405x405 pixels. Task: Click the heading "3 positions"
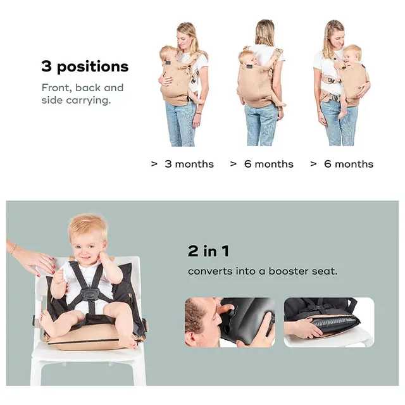tap(85, 66)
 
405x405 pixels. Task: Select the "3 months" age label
tap(189, 164)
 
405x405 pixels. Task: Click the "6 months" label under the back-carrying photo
tap(269, 164)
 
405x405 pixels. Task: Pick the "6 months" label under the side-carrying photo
tap(349, 164)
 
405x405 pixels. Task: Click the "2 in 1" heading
tap(208, 251)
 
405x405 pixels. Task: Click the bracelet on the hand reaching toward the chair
tap(13, 249)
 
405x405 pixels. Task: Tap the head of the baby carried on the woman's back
tap(247, 58)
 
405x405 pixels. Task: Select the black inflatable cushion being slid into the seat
tap(336, 323)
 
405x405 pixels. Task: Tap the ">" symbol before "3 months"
tap(154, 164)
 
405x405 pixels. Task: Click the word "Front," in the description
tap(56, 88)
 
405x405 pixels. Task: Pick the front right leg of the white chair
tap(139, 373)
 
